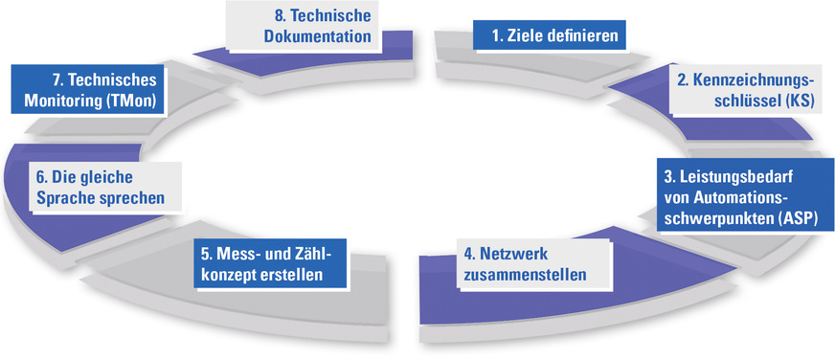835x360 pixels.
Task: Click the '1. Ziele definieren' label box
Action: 550,36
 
